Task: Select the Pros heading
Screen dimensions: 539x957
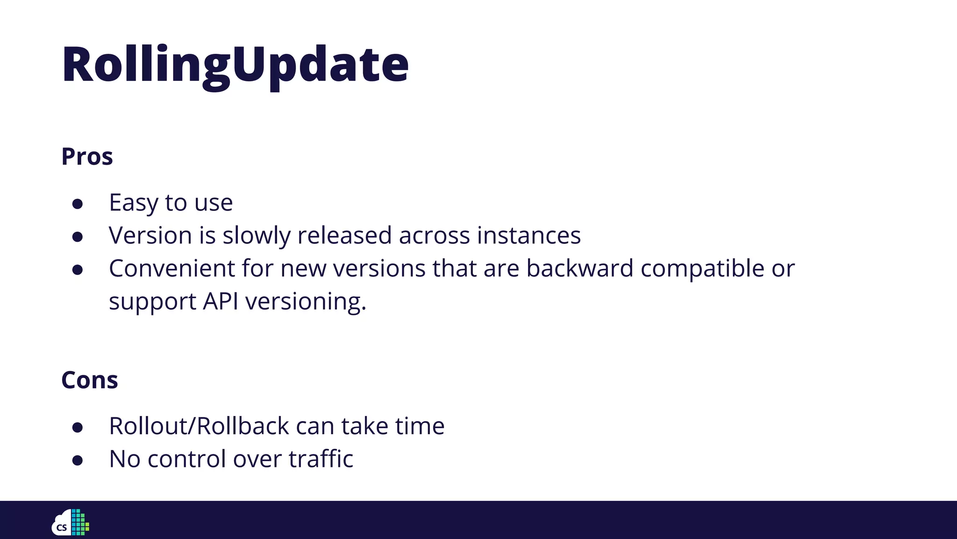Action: pyautogui.click(x=87, y=156)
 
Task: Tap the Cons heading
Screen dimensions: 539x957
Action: pyautogui.click(x=89, y=379)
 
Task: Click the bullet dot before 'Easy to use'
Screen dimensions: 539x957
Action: pyautogui.click(x=78, y=204)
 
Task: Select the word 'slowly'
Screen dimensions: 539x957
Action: pyautogui.click(x=256, y=235)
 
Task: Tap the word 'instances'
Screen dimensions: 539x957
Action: pyautogui.click(x=528, y=235)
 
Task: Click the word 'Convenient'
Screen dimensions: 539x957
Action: pyautogui.click(x=171, y=268)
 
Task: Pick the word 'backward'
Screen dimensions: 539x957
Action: pyautogui.click(x=579, y=268)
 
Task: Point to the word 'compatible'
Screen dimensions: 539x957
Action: pyautogui.click(x=702, y=269)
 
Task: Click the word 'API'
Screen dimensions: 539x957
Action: pyautogui.click(x=221, y=301)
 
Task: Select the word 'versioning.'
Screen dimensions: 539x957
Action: pyautogui.click(x=306, y=302)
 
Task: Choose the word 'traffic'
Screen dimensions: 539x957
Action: pyautogui.click(x=321, y=459)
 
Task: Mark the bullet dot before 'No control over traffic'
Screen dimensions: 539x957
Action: pyautogui.click(x=78, y=460)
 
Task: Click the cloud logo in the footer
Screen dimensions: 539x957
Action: pyautogui.click(x=70, y=522)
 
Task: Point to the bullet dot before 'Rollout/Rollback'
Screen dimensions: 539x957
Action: pyautogui.click(x=78, y=427)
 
